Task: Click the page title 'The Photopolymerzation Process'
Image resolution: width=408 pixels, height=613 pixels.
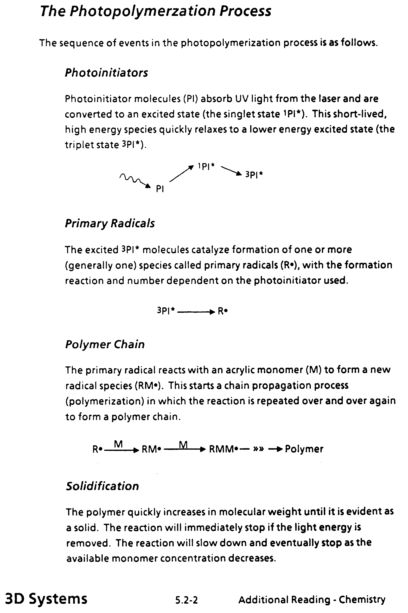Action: (x=156, y=12)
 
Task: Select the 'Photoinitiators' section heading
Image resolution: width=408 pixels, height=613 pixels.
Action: (x=106, y=73)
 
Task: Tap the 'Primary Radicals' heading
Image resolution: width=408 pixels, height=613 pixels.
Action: (x=109, y=223)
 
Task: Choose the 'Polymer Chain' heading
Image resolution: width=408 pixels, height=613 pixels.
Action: (x=105, y=344)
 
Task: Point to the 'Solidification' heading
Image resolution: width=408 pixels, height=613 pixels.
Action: (x=102, y=486)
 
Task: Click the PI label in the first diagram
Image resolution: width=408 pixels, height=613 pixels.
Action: (x=160, y=189)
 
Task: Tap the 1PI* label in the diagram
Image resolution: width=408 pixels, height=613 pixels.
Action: (x=206, y=166)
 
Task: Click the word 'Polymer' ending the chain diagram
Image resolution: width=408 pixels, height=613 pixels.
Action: (x=304, y=449)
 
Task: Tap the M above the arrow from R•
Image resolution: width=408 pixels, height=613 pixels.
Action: (x=118, y=444)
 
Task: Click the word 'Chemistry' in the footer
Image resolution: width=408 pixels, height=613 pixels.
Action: (x=362, y=600)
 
